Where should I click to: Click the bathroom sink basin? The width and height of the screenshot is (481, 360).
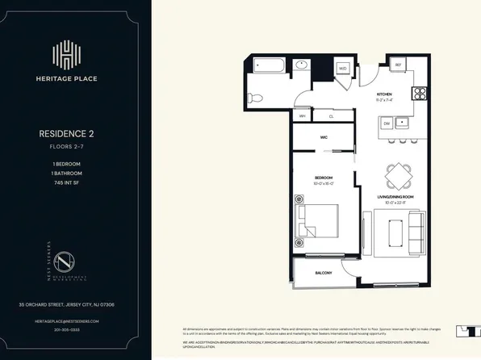coord(302,65)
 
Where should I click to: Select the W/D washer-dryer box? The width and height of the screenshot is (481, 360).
coord(342,69)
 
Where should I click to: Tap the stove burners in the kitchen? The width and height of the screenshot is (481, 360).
coord(419,92)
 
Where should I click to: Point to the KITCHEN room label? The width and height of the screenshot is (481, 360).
coord(383,94)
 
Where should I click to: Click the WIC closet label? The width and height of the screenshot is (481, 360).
coord(324,137)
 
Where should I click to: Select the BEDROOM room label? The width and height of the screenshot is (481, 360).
coord(324,178)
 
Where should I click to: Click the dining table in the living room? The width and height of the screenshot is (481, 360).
coord(397,175)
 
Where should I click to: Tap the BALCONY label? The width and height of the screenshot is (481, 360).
coord(324,273)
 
